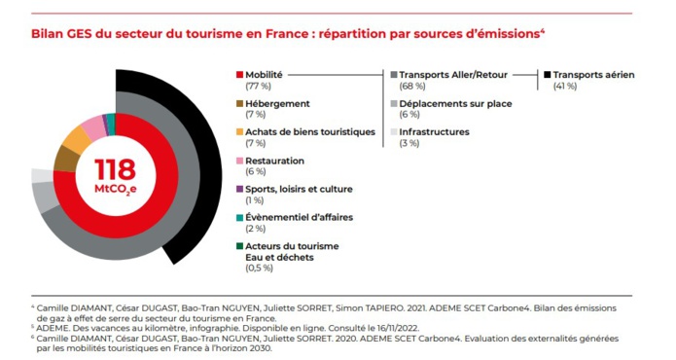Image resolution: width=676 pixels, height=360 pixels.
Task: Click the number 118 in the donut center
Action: [115, 166]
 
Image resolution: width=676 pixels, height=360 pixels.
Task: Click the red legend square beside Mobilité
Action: [239, 74]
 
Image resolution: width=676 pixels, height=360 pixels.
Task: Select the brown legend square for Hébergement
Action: [239, 103]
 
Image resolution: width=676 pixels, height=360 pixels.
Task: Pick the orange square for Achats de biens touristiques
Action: [239, 131]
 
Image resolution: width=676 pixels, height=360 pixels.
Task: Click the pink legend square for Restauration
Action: [239, 161]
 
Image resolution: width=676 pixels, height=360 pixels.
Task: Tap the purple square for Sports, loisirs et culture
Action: [239, 189]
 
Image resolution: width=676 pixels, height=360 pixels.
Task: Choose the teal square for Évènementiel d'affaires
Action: [239, 218]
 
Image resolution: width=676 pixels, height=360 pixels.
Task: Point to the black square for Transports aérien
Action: [548, 74]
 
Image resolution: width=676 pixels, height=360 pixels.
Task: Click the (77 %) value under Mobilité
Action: [259, 87]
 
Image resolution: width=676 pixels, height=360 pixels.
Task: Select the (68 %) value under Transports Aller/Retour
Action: [411, 87]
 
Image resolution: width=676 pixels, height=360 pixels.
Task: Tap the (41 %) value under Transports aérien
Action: [565, 87]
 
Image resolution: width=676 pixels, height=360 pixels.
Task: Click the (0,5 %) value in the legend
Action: [260, 269]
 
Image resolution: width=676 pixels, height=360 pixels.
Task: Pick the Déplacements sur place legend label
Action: [455, 103]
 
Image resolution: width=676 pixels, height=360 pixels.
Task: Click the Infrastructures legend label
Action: [434, 131]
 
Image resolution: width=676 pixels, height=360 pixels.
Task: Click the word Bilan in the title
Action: [47, 32]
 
